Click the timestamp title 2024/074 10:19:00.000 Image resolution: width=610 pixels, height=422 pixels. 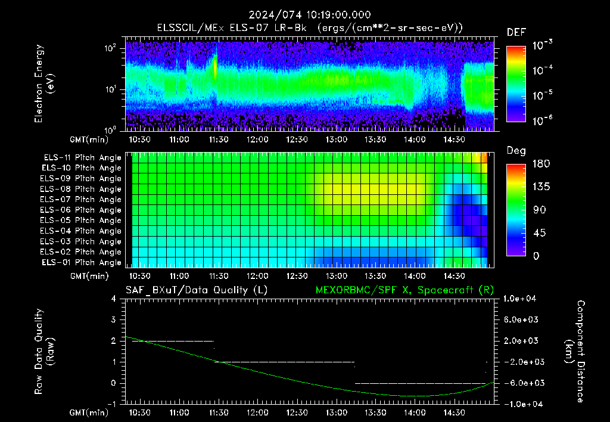pos(310,15)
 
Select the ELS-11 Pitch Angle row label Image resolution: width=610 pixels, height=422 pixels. pos(82,158)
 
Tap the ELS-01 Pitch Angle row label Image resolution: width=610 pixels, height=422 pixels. pos(81,263)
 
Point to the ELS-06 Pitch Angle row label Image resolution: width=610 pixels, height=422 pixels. pos(80,210)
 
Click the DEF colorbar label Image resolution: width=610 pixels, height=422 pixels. pos(516,33)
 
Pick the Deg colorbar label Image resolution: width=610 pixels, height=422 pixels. pos(516,151)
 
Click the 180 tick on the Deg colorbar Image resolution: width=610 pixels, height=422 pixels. pos(541,164)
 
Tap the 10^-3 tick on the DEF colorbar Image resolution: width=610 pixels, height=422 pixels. pos(542,45)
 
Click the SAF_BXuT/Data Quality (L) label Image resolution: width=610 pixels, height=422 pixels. pos(197,290)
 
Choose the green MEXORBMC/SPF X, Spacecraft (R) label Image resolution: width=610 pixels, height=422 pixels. pos(404,290)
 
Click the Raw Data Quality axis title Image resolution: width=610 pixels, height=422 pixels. pos(44,352)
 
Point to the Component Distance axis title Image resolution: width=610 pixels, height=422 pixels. pos(575,352)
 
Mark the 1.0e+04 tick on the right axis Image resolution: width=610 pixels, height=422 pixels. pos(519,299)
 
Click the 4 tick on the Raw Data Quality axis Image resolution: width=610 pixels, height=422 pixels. pos(114,299)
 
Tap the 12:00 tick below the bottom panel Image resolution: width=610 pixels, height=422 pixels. pos(257,412)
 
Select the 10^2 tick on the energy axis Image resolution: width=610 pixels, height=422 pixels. pos(110,48)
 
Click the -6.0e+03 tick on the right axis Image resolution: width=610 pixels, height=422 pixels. pos(521,383)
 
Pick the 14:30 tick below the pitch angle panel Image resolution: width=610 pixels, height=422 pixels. pos(454,276)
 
